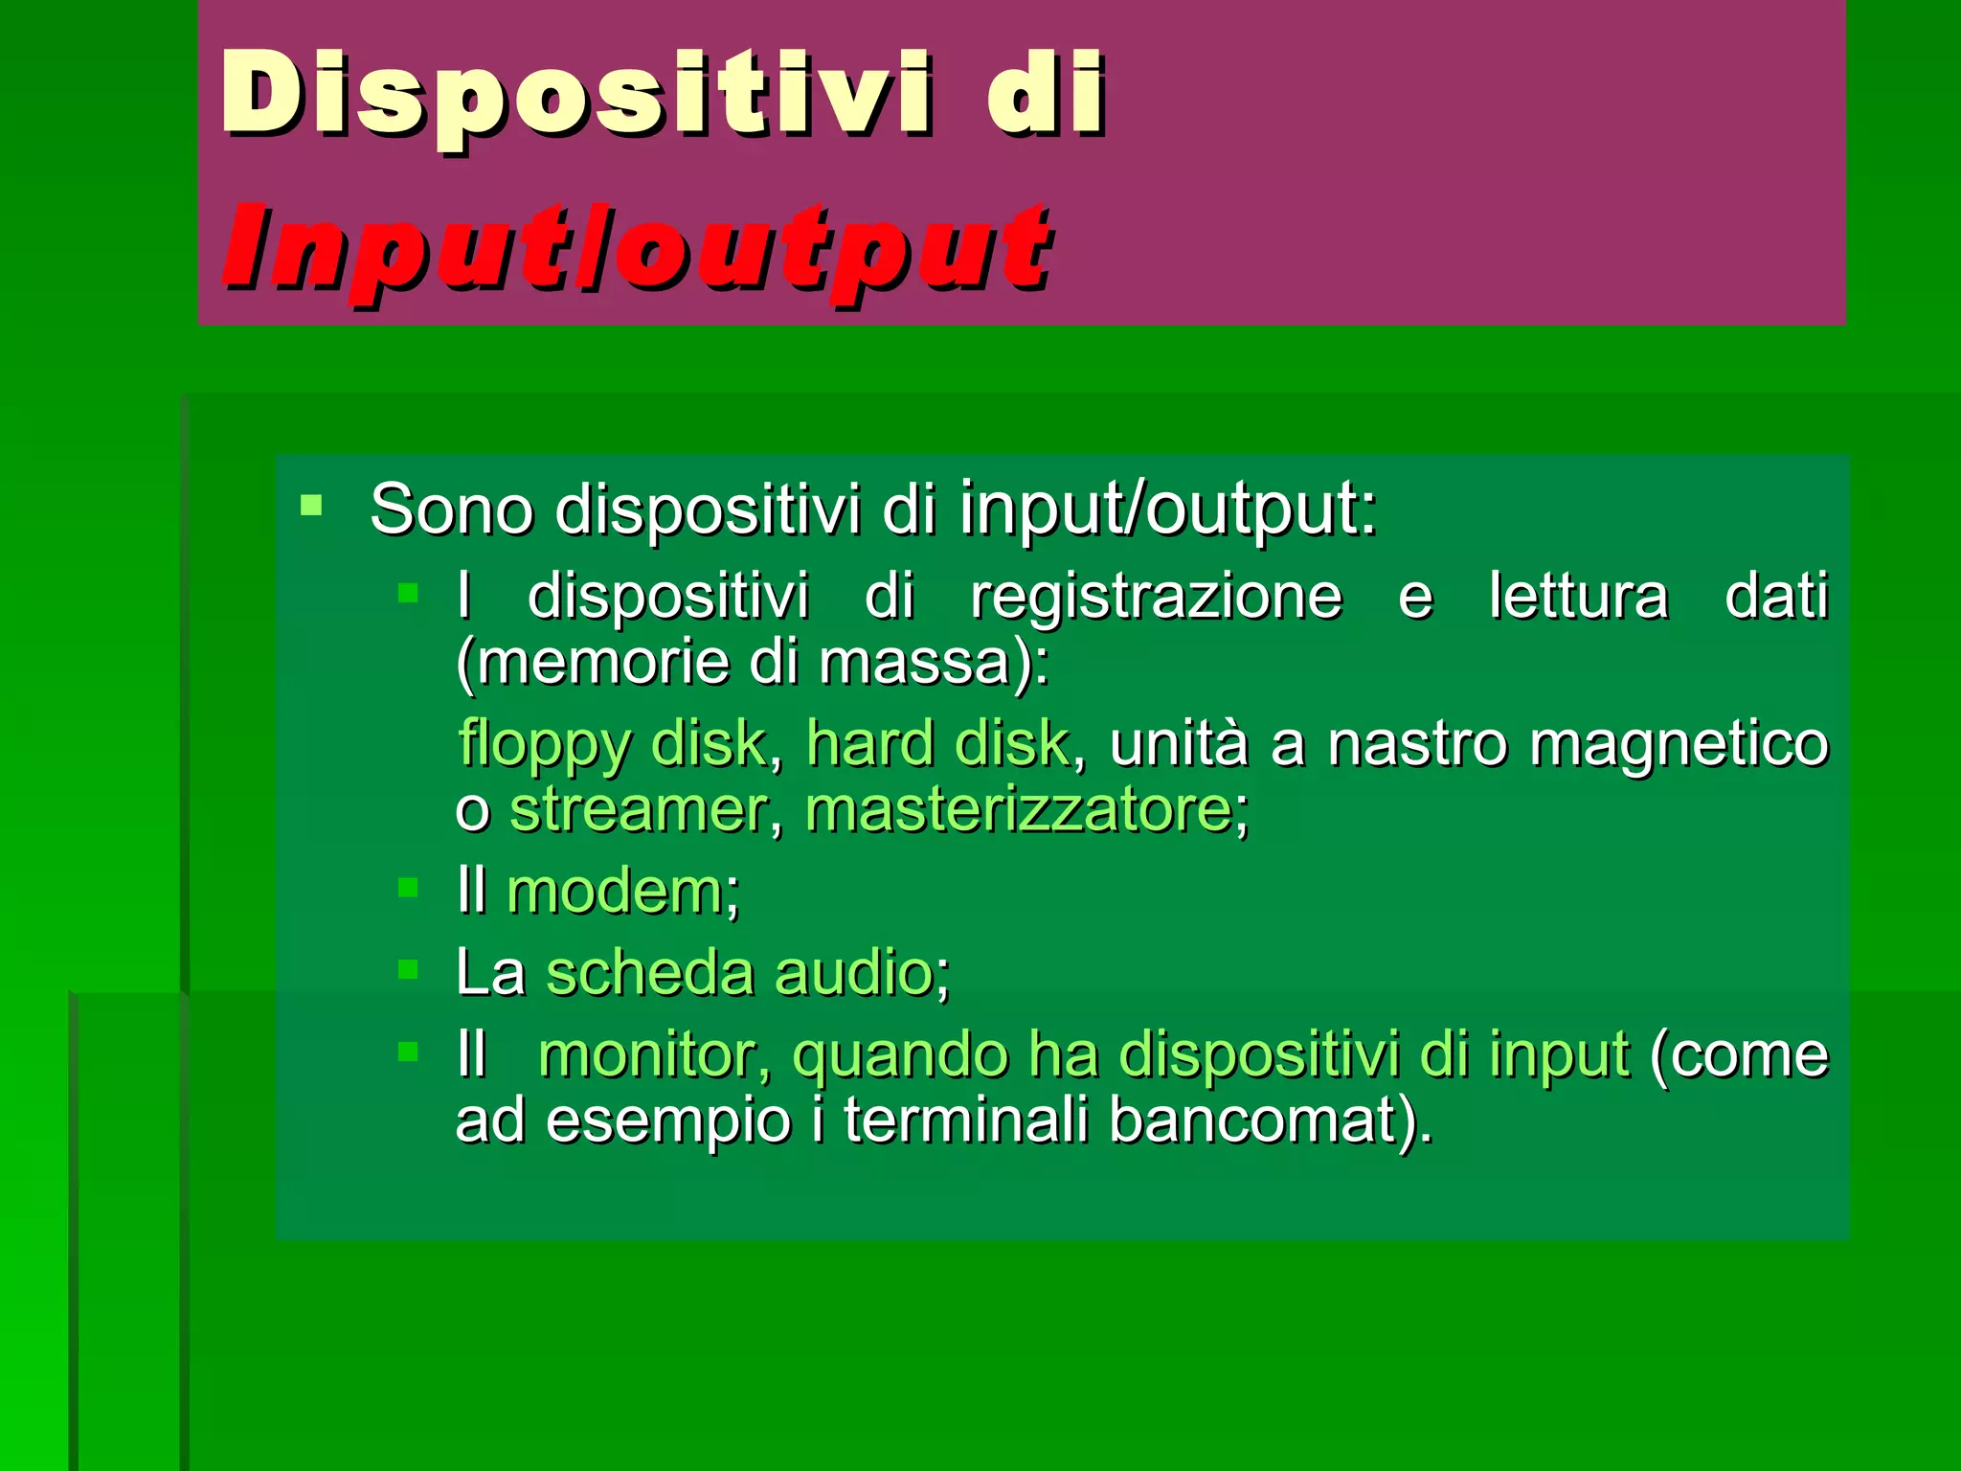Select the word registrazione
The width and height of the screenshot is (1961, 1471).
click(1156, 597)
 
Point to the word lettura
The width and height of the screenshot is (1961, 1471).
click(1579, 597)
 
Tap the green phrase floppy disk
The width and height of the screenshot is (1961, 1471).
click(612, 743)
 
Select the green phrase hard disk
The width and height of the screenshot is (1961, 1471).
click(937, 743)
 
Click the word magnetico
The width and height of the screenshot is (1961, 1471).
click(1679, 743)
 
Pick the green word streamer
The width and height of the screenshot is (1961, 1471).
click(638, 810)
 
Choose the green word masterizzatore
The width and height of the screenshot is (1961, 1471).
click(1019, 810)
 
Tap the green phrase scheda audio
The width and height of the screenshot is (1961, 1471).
click(740, 973)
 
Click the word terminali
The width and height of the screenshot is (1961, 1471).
click(965, 1120)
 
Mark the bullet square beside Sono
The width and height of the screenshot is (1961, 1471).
click(311, 505)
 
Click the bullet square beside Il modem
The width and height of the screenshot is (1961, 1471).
click(408, 888)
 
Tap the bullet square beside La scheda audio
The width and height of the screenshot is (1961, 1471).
click(408, 969)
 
